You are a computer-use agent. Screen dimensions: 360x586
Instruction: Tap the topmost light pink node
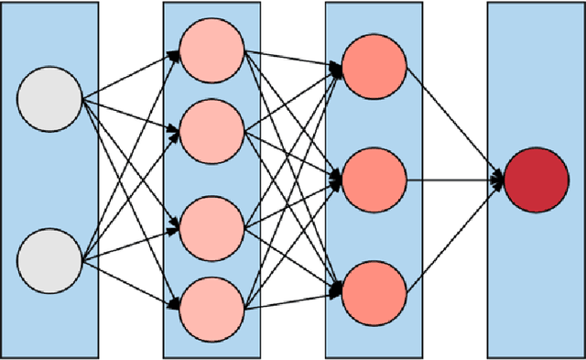click(212, 50)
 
